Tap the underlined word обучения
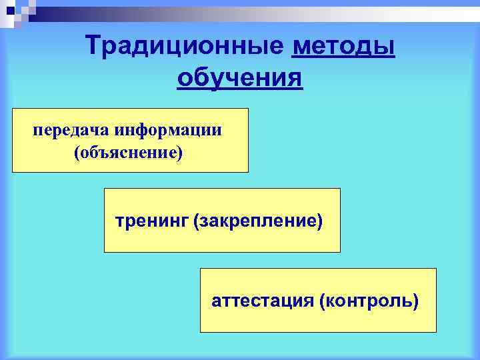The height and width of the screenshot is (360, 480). coord(240,77)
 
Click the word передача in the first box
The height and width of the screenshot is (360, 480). coord(71,130)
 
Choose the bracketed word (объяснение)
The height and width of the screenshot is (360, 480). coord(129,153)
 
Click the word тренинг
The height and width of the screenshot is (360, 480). coord(151,219)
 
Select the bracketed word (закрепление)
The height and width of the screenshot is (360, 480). coord(258,219)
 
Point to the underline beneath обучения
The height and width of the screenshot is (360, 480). coord(240,89)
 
